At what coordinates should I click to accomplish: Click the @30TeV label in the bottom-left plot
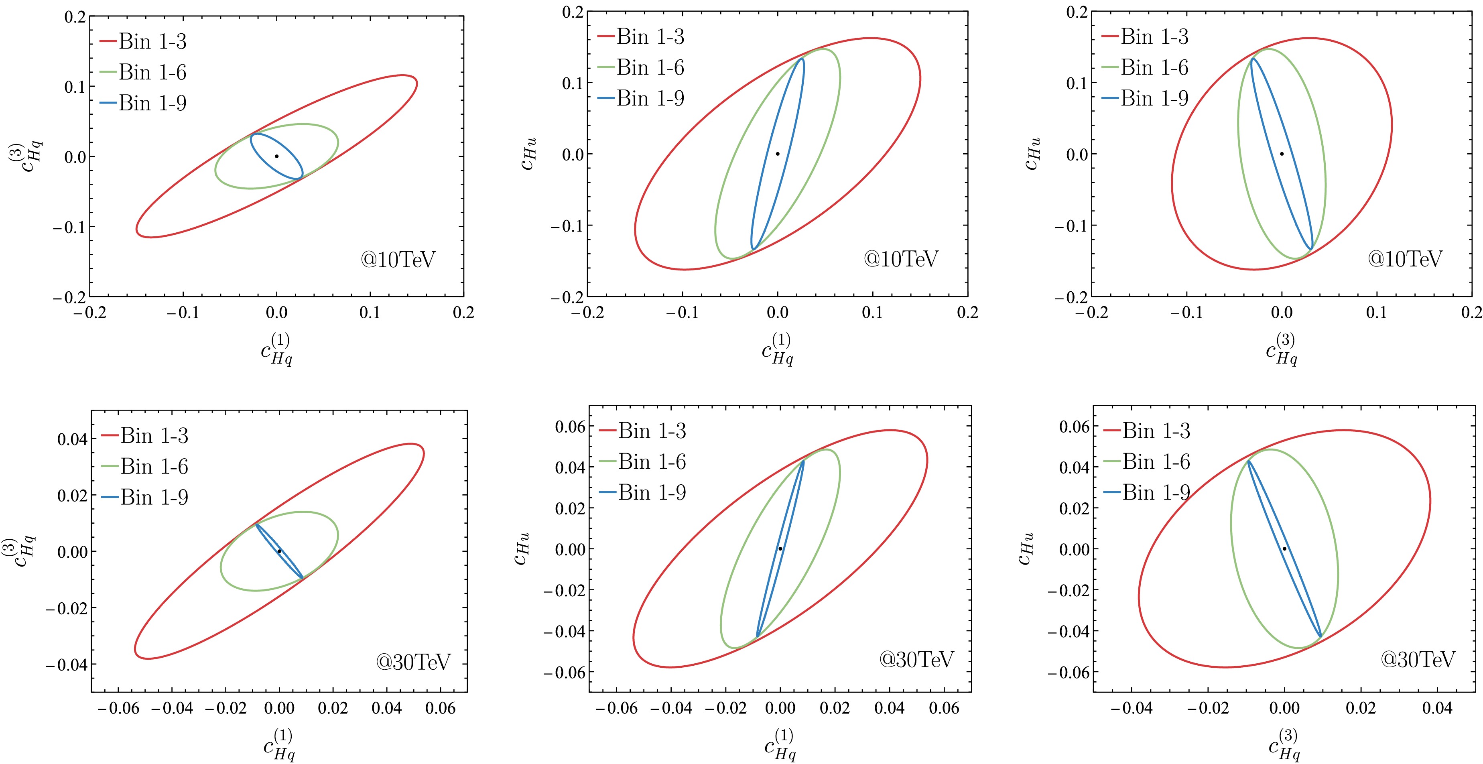[x=413, y=662]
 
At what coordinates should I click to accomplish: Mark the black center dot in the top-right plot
[x=1282, y=154]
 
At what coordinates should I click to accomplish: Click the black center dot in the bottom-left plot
[x=279, y=551]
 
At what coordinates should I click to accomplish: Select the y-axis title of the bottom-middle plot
[x=521, y=548]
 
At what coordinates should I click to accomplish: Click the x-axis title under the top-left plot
[x=277, y=349]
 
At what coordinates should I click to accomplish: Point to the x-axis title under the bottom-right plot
[x=1284, y=744]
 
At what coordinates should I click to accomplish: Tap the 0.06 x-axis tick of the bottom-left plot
[x=441, y=708]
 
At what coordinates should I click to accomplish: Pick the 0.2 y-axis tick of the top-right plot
[x=1077, y=12]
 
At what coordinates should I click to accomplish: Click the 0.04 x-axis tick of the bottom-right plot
[x=1437, y=708]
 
